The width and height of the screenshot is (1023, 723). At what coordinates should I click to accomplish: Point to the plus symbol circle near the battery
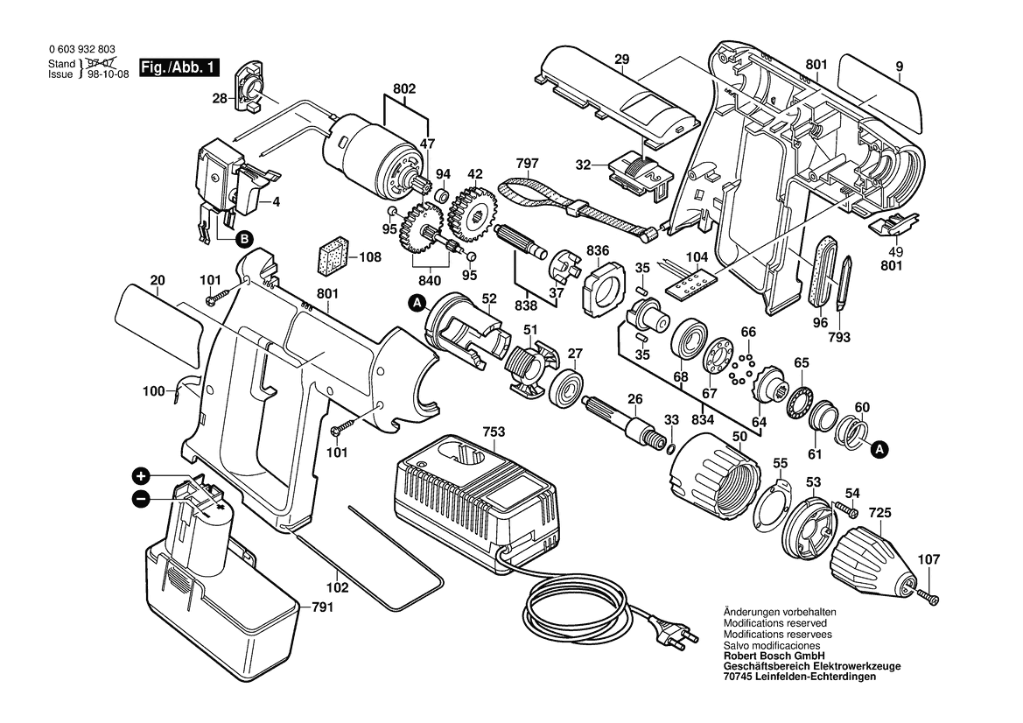pos(140,477)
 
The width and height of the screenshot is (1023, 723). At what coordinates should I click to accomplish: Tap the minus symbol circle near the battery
pos(140,499)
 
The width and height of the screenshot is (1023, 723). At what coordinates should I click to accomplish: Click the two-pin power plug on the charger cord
pos(674,635)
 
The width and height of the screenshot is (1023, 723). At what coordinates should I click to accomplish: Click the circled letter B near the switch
pos(244,237)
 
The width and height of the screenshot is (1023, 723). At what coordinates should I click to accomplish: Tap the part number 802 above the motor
pos(404,89)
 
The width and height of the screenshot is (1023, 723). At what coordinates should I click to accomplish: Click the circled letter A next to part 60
pos(880,450)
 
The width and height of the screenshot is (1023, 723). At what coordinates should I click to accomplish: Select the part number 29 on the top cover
pos(622,60)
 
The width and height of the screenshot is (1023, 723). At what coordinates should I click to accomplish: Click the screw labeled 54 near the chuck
pos(846,508)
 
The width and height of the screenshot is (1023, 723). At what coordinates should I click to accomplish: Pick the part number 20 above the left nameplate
pos(158,281)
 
